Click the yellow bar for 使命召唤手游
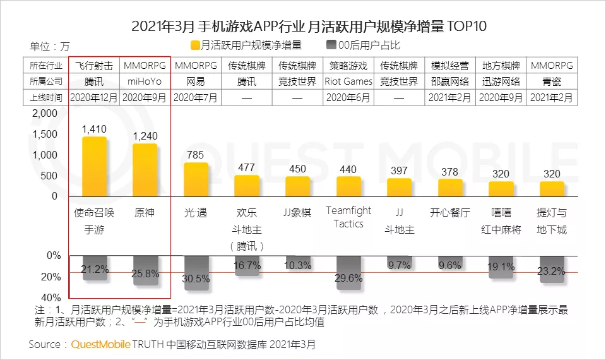pyautogui.click(x=94, y=167)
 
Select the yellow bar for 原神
pyautogui.click(x=145, y=171)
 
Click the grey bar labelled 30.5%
pyautogui.click(x=196, y=273)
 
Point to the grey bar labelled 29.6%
pyautogui.click(x=348, y=273)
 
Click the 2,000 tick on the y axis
pyautogui.click(x=44, y=114)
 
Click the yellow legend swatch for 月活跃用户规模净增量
pyautogui.click(x=194, y=45)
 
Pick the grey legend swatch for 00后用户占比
pyautogui.click(x=331, y=45)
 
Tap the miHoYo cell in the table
pyautogui.click(x=145, y=81)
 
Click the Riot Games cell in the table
pyautogui.click(x=348, y=81)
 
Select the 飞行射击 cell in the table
pyautogui.click(x=94, y=66)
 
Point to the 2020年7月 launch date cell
pyautogui.click(x=196, y=97)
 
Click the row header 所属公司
pyautogui.click(x=45, y=81)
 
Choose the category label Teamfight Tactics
pyautogui.click(x=348, y=217)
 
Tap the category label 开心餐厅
pyautogui.click(x=450, y=213)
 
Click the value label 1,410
pyautogui.click(x=94, y=129)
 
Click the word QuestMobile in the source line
pyautogui.click(x=100, y=345)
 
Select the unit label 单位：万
pyautogui.click(x=50, y=46)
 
